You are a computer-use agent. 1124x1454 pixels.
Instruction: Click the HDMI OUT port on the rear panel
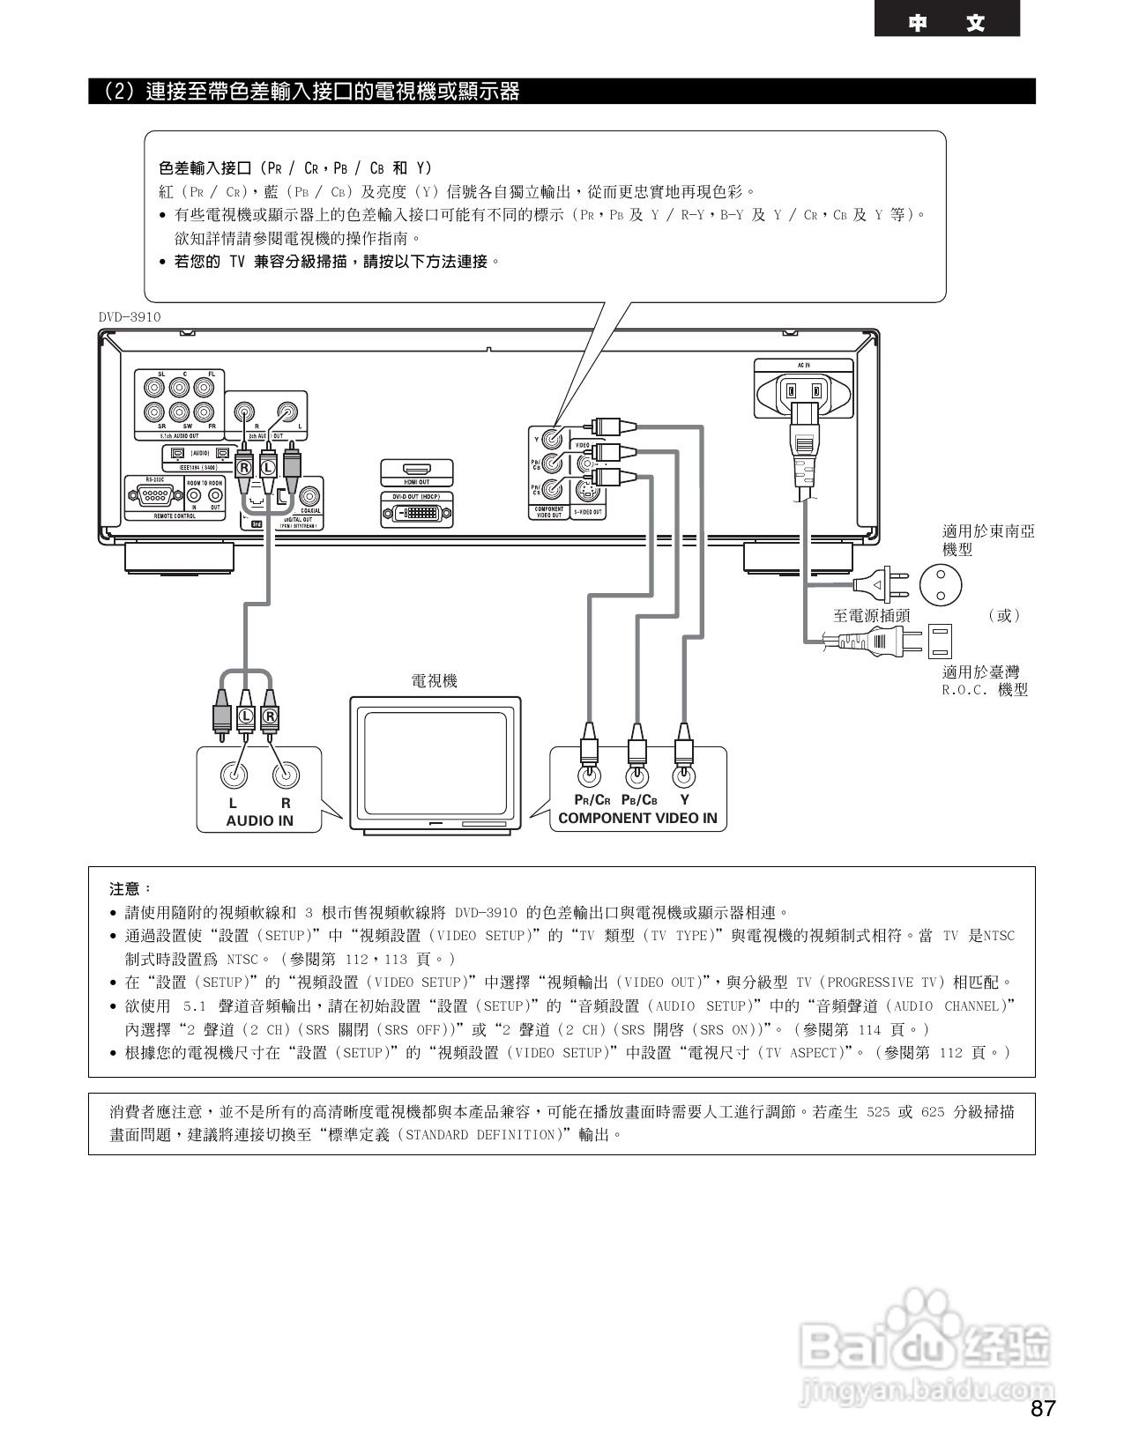[x=417, y=471]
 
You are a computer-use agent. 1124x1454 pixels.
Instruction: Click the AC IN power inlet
[x=805, y=390]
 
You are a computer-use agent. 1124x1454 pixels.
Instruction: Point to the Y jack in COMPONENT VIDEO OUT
[x=552, y=438]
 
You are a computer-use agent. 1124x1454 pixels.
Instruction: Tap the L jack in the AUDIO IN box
[x=234, y=775]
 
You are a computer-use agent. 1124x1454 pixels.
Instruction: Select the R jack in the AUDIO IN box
[x=285, y=775]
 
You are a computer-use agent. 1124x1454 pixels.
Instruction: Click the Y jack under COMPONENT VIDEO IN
[x=683, y=775]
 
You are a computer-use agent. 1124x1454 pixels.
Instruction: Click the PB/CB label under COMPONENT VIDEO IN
[x=639, y=800]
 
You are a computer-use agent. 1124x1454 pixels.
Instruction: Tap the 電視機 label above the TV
[x=435, y=681]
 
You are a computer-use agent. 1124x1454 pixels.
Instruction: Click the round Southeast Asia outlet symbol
[x=940, y=583]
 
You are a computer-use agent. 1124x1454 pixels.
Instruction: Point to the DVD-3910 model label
[x=130, y=317]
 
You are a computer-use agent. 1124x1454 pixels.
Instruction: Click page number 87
[x=1043, y=1408]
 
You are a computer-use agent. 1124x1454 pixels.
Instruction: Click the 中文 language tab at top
[x=947, y=23]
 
